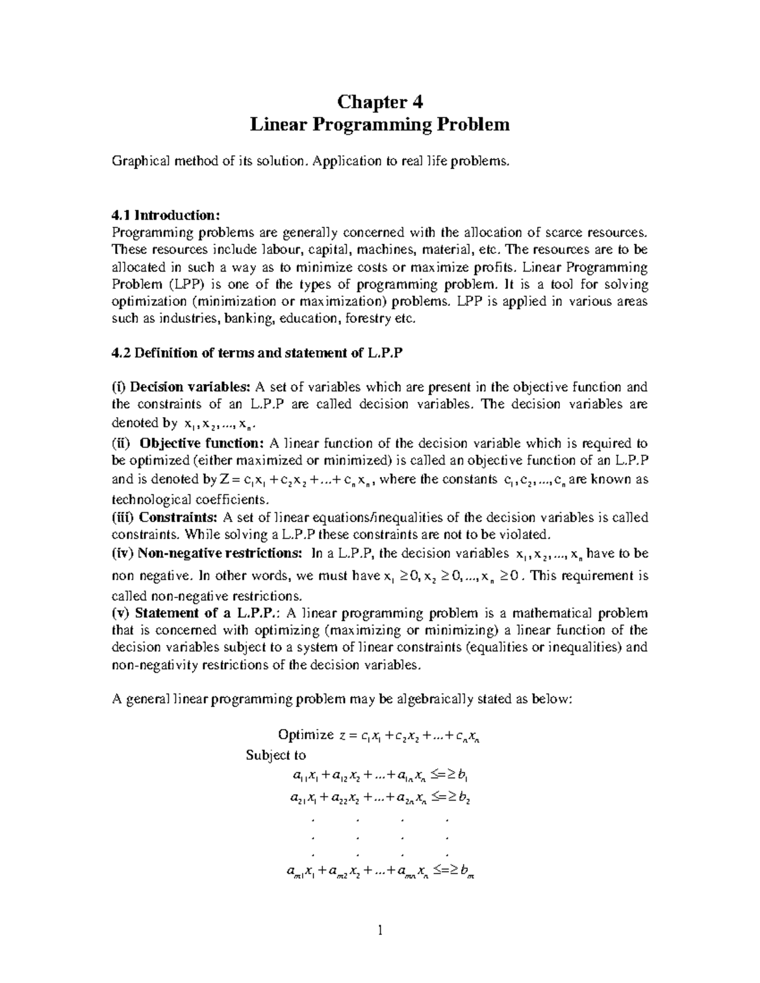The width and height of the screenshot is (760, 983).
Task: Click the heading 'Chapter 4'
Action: pyautogui.click(x=379, y=101)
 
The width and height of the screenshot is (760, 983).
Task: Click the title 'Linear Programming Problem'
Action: pyautogui.click(x=379, y=124)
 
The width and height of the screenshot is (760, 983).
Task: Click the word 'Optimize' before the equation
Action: pyautogui.click(x=305, y=734)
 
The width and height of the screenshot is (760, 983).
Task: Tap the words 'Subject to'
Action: pyautogui.click(x=275, y=755)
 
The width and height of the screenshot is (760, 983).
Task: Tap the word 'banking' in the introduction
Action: pyautogui.click(x=250, y=318)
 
